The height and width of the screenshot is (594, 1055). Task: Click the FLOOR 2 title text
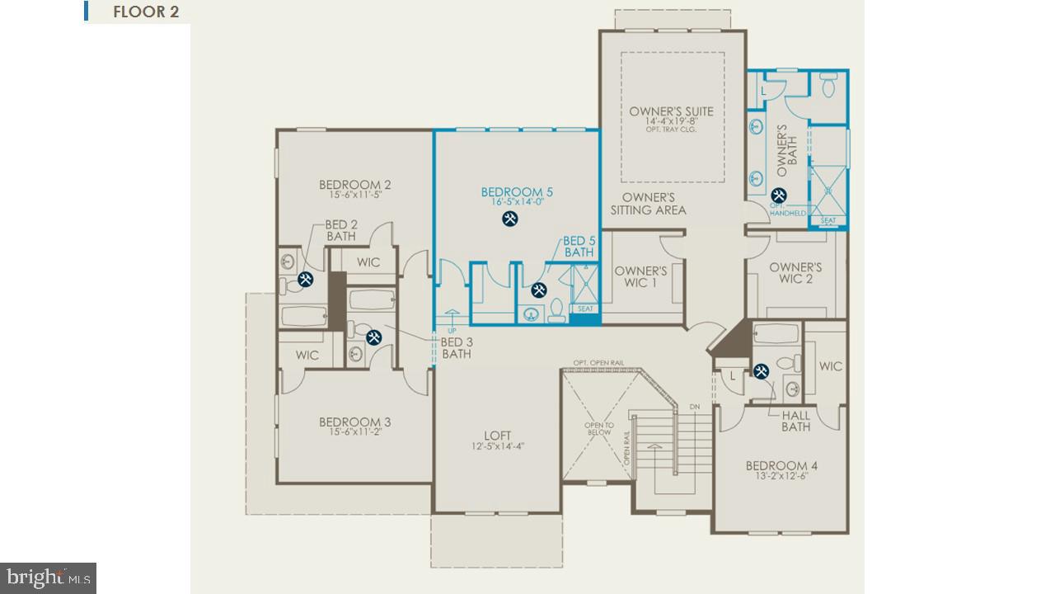(x=146, y=12)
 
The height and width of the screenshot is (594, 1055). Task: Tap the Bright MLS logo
(x=48, y=577)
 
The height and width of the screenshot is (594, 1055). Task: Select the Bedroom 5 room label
(x=517, y=192)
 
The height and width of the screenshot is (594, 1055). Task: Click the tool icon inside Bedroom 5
(x=510, y=219)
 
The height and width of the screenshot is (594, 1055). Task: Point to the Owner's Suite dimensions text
(x=671, y=122)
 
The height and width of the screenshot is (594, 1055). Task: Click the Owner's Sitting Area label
(x=648, y=204)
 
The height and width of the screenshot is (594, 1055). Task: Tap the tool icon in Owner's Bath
(x=776, y=196)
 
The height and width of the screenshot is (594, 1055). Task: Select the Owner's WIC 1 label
(x=640, y=277)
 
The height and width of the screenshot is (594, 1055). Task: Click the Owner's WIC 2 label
(x=795, y=273)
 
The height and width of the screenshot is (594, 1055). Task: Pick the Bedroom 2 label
(x=354, y=185)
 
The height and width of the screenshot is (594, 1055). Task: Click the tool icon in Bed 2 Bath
(x=305, y=280)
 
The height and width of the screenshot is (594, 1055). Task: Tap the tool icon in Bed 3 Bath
(x=373, y=337)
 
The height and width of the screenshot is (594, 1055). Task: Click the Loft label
(x=497, y=436)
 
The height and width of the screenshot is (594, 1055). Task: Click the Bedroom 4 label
(x=781, y=465)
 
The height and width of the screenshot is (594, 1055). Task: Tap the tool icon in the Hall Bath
(x=761, y=371)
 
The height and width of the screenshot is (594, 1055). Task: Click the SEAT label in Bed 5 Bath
(x=585, y=309)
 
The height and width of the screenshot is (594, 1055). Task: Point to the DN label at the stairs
(x=694, y=407)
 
